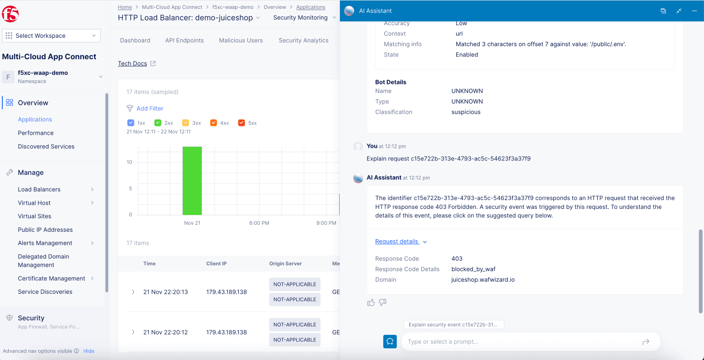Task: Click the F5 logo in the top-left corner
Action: (x=10, y=14)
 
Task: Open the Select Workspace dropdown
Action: (x=51, y=36)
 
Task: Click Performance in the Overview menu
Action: (x=35, y=133)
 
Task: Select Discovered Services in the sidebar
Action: (x=46, y=146)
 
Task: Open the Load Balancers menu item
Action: (x=39, y=189)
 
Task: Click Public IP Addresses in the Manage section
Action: (x=45, y=229)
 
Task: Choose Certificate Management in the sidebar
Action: (x=51, y=278)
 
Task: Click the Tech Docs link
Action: (x=132, y=63)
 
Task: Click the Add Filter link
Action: (x=150, y=108)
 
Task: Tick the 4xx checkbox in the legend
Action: (x=214, y=123)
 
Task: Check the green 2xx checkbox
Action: (x=158, y=123)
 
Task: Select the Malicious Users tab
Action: (x=241, y=41)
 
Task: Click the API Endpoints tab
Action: (x=184, y=41)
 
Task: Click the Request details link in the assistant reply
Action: (x=397, y=242)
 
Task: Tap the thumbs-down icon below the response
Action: (x=383, y=303)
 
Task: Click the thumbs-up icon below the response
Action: (x=371, y=303)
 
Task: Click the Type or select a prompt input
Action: (x=523, y=342)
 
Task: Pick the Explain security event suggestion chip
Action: (x=453, y=325)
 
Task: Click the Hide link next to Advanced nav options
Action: (x=89, y=351)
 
